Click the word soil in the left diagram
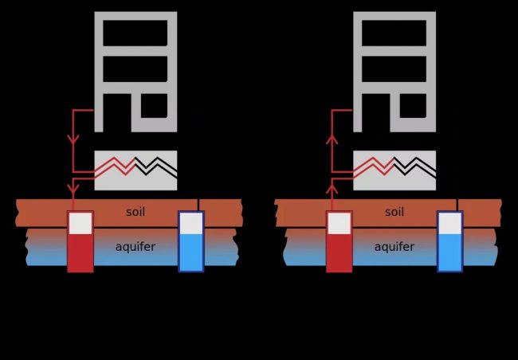(x=135, y=212)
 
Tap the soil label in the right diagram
(x=394, y=212)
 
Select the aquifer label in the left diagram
(x=135, y=247)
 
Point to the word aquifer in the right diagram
(x=394, y=247)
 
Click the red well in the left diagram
(x=80, y=242)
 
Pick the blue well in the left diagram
(x=191, y=242)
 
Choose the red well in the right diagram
(x=339, y=242)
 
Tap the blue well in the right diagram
(x=450, y=242)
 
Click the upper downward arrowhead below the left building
(x=73, y=139)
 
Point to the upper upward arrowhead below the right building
(x=332, y=139)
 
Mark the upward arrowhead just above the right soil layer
(x=332, y=190)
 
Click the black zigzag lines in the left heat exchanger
(x=156, y=166)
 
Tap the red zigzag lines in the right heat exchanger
(x=373, y=166)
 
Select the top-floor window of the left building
(x=135, y=33)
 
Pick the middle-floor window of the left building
(x=135, y=69)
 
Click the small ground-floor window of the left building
(x=155, y=106)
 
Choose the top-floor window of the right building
(x=394, y=33)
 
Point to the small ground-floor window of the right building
(x=413, y=106)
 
